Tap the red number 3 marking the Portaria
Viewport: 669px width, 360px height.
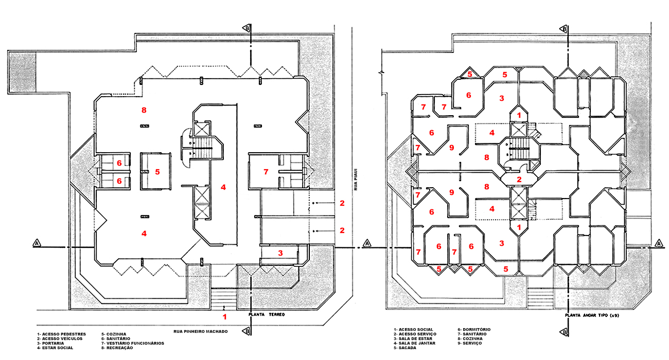[x=280, y=253]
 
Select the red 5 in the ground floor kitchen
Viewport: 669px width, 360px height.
[x=157, y=172]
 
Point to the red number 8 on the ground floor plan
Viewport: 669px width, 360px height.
[x=144, y=110]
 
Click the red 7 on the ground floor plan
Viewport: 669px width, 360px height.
[x=266, y=172]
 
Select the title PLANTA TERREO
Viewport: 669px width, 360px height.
[x=267, y=314]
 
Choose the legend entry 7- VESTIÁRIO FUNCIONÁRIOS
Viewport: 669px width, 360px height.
[x=133, y=343]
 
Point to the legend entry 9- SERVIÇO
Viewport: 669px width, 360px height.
[x=470, y=343]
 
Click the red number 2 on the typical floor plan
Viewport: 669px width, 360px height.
[x=519, y=179]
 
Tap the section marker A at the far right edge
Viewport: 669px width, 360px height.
[x=660, y=243]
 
